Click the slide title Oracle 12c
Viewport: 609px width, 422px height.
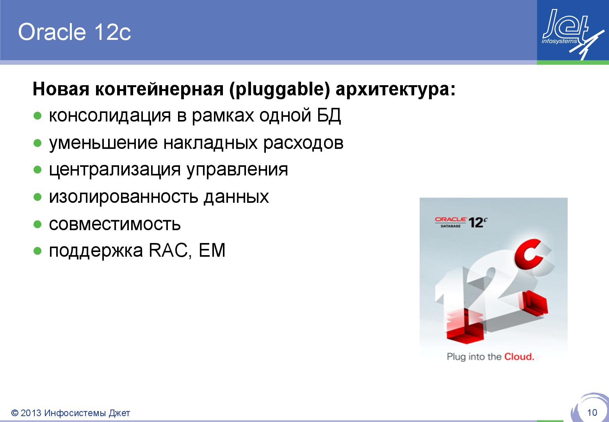click(74, 32)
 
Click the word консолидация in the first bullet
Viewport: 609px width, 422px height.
click(110, 116)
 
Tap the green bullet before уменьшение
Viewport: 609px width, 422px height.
click(37, 143)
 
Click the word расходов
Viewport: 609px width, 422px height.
click(303, 143)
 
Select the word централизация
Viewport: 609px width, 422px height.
click(115, 170)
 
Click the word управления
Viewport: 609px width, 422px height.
click(237, 170)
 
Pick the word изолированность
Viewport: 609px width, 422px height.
click(124, 197)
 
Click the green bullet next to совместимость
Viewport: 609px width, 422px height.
click(37, 224)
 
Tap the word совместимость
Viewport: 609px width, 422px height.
click(115, 224)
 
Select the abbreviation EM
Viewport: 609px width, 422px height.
click(212, 250)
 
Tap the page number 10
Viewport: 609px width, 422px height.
click(592, 413)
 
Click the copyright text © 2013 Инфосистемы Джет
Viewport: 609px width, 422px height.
click(71, 413)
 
